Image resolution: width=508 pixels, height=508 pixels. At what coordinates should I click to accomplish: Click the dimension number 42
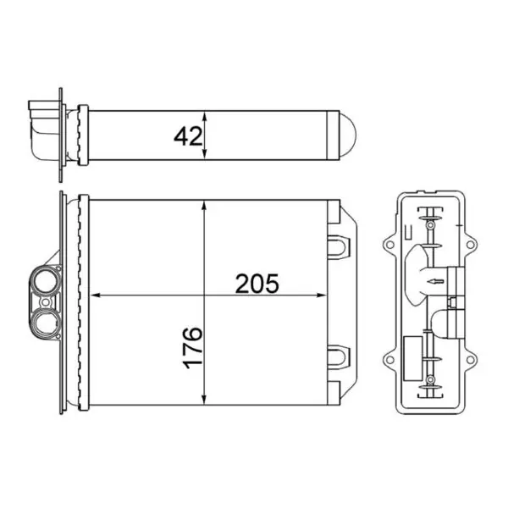pyautogui.click(x=188, y=135)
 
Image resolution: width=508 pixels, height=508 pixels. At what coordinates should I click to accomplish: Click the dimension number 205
pyautogui.click(x=257, y=284)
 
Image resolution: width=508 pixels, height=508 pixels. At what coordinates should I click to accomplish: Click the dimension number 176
pyautogui.click(x=193, y=348)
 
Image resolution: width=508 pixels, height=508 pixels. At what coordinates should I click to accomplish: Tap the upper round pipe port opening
pyautogui.click(x=45, y=281)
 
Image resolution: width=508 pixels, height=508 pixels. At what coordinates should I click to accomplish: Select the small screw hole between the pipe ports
pyautogui.click(x=46, y=302)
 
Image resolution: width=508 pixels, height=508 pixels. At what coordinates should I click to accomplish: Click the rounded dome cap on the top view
pyautogui.click(x=348, y=135)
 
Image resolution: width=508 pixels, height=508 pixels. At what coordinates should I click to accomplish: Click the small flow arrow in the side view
pyautogui.click(x=434, y=282)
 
